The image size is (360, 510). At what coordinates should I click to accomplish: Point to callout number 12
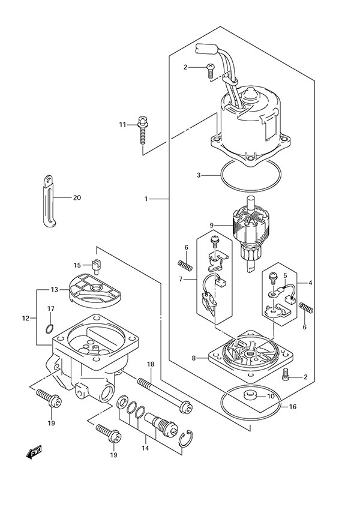(25, 317)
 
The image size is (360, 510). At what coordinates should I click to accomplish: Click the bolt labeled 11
(143, 128)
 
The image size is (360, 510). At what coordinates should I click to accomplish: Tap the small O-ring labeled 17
(51, 328)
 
